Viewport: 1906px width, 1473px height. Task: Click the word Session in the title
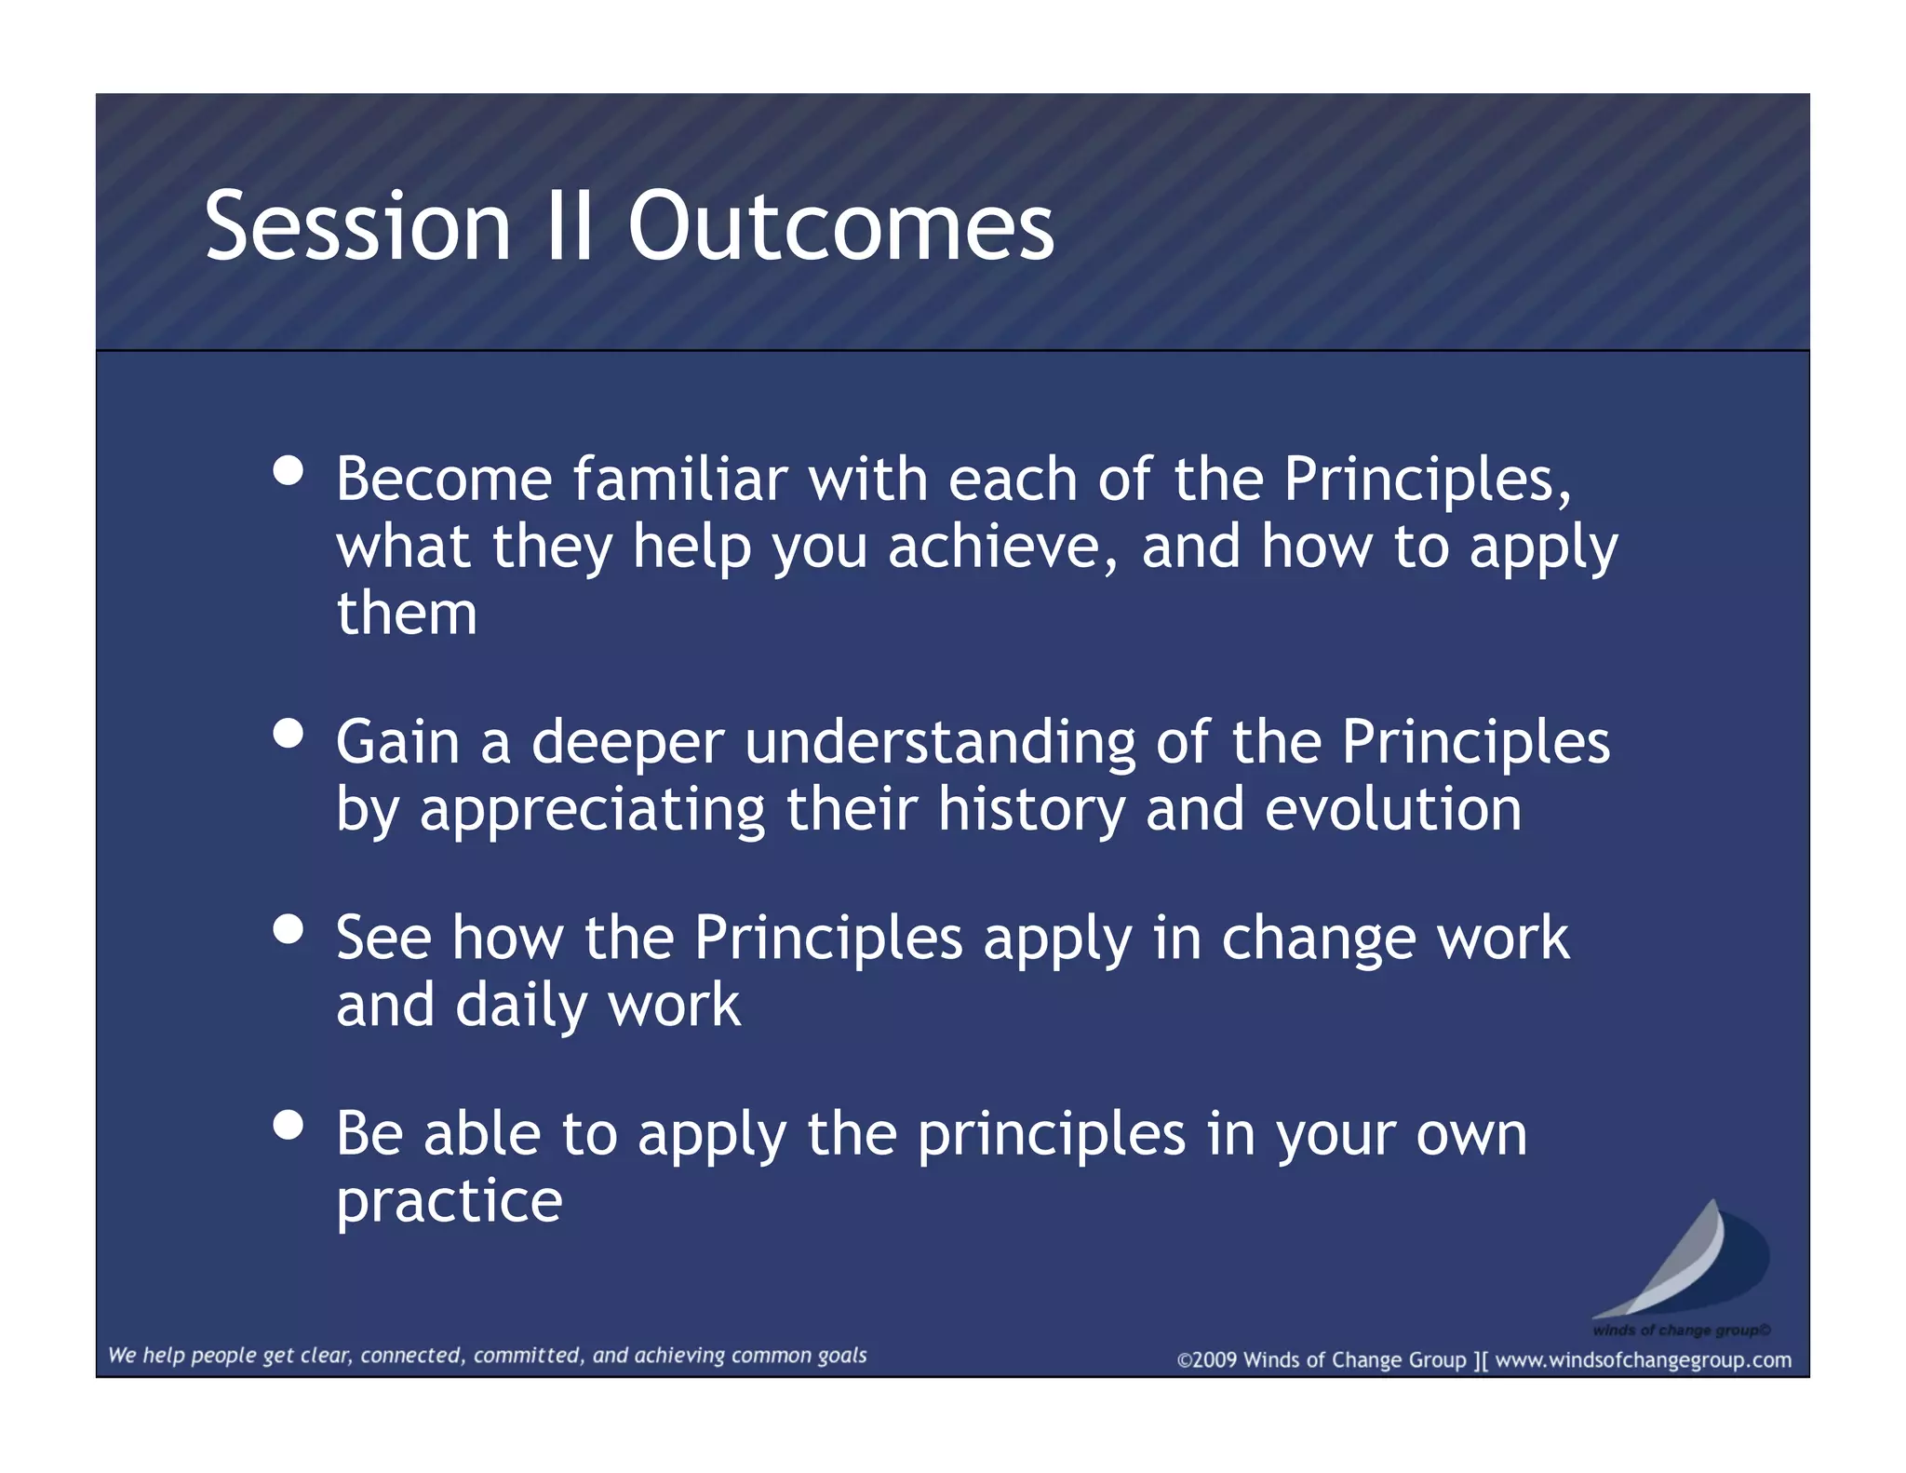pos(357,226)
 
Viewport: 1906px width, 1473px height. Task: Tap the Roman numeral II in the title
pos(570,226)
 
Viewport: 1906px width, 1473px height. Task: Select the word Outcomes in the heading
pos(840,226)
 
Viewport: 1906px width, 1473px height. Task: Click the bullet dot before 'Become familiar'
pos(289,470)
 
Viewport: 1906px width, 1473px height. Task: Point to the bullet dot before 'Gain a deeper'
pos(289,733)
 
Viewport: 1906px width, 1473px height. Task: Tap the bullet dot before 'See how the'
pos(289,929)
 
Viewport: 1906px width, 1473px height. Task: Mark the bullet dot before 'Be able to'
pos(289,1125)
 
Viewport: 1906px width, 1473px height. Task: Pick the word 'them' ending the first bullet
pos(407,614)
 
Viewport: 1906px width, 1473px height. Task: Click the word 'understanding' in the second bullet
pos(940,743)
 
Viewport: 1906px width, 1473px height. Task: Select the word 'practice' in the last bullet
pos(450,1202)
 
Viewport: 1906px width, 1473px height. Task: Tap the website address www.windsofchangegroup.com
pos(1643,1360)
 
